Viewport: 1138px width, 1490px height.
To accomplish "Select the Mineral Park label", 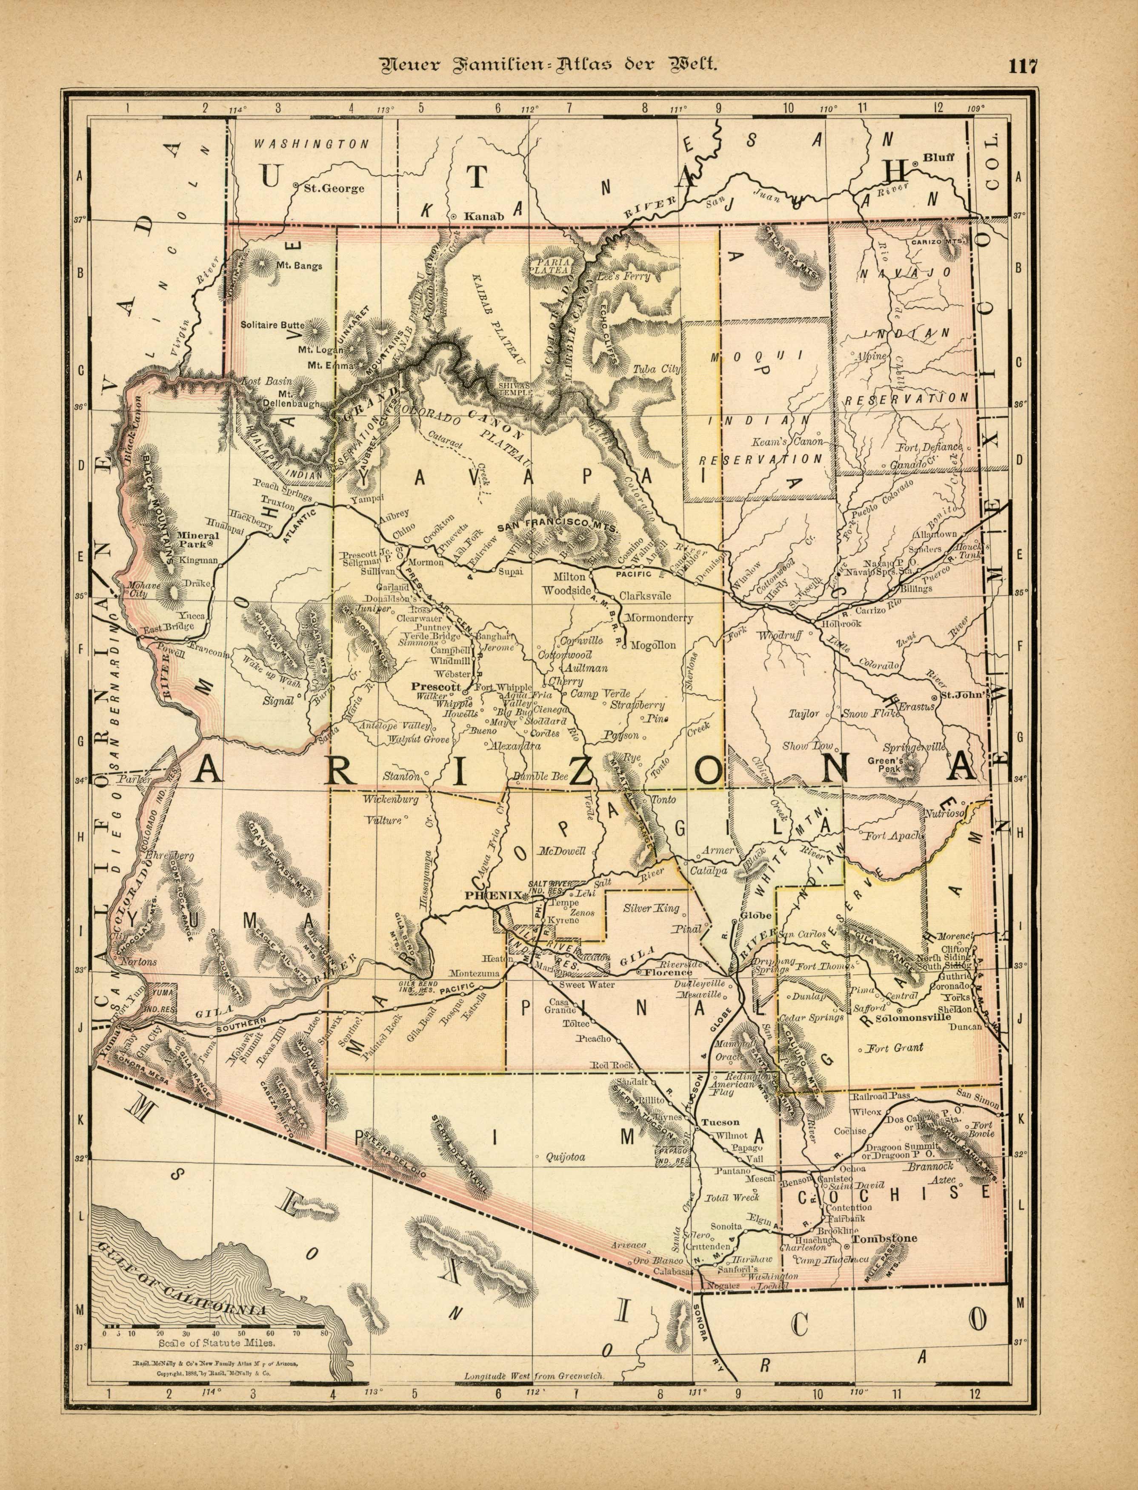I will pos(197,539).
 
